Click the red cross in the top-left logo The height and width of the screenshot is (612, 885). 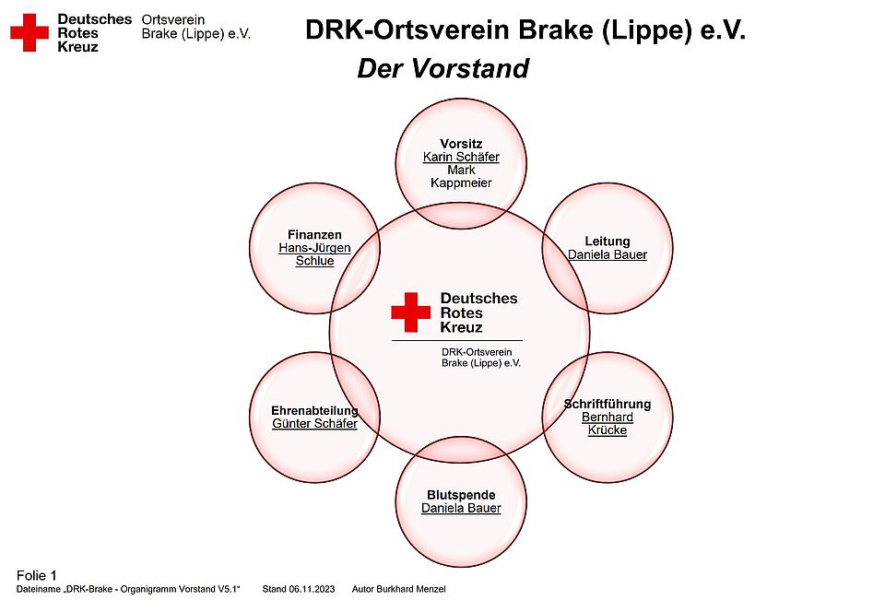[x=29, y=32]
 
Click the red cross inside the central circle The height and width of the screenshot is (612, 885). [x=411, y=312]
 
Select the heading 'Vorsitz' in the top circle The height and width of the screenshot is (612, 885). [x=461, y=144]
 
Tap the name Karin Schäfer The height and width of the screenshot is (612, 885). [x=461, y=157]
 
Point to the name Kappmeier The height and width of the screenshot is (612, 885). [x=461, y=182]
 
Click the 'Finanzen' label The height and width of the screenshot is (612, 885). [x=314, y=235]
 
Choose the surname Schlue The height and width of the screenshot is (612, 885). [x=314, y=261]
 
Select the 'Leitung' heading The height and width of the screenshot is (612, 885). [x=608, y=241]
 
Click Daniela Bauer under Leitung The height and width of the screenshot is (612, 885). [x=608, y=254]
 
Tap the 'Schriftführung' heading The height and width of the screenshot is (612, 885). [x=608, y=404]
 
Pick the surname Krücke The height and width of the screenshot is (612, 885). [x=608, y=430]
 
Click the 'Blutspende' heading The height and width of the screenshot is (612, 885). [x=461, y=495]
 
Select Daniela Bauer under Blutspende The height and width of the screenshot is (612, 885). [x=461, y=508]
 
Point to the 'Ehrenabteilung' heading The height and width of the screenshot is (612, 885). [x=314, y=411]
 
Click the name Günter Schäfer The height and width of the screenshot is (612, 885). [x=314, y=424]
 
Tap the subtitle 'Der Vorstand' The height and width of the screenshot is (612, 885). [x=443, y=68]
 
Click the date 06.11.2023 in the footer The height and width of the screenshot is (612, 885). [x=313, y=590]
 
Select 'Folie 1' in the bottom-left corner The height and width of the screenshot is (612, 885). [x=37, y=575]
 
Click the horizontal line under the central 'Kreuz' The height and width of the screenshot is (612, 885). [x=457, y=341]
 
